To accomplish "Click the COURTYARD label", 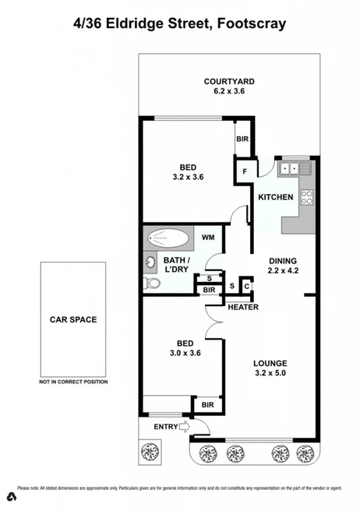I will (229, 81).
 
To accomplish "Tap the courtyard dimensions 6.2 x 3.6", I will (229, 91).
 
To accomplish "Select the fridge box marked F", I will (245, 170).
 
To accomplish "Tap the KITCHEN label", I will (275, 198).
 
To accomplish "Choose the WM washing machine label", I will (208, 237).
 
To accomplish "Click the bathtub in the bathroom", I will (168, 237).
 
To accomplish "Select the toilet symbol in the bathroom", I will (153, 284).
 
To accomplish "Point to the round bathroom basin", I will (149, 262).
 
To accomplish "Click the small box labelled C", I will (246, 287).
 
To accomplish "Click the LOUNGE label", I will (270, 363).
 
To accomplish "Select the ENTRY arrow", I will (184, 426).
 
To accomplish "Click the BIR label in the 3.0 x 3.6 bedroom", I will (207, 405).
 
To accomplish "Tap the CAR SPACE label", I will (73, 319).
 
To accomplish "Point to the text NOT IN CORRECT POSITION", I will (73, 382).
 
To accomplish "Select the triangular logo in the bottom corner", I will (11, 496).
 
